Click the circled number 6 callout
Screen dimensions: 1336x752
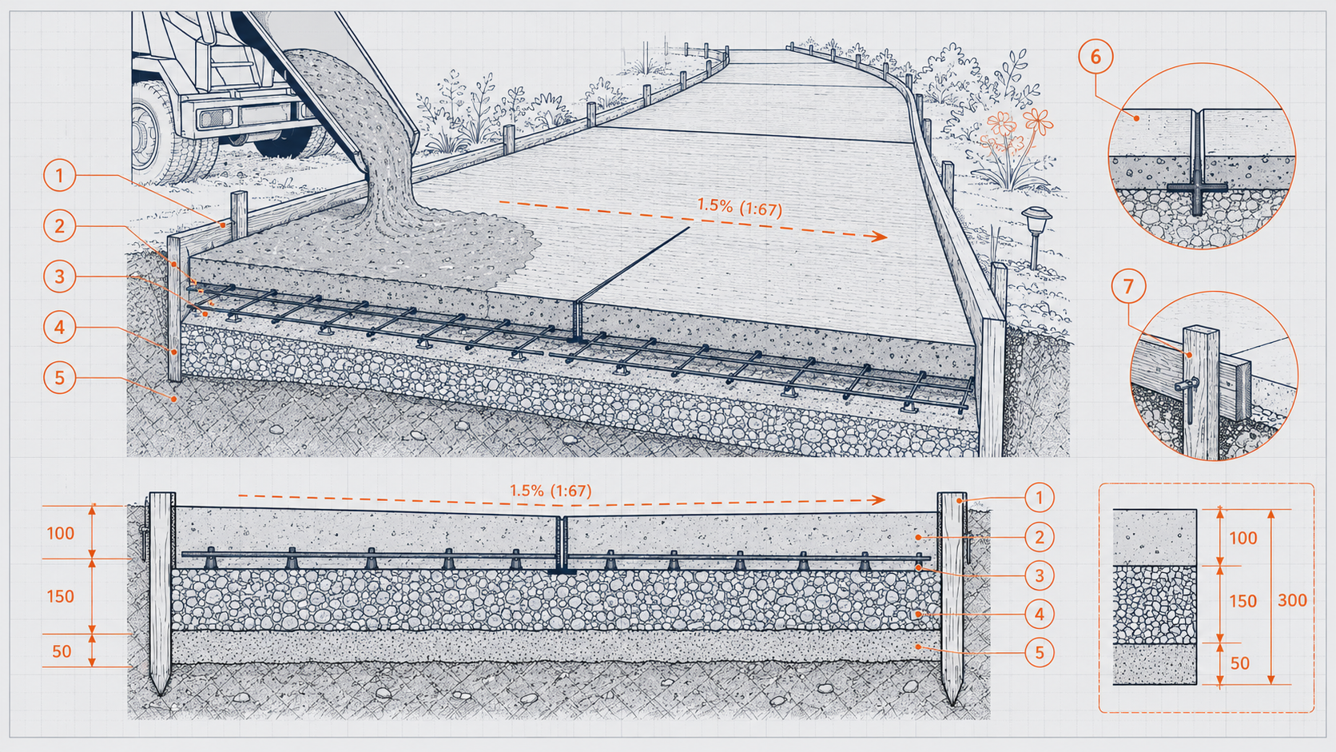coord(1095,57)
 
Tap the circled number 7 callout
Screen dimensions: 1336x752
coord(1128,287)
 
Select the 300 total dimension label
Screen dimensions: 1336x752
coord(1292,600)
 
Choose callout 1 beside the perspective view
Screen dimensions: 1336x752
coord(60,176)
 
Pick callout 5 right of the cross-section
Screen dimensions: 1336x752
coord(1039,652)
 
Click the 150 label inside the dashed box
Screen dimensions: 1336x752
coord(1243,600)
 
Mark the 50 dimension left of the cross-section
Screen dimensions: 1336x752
coord(62,651)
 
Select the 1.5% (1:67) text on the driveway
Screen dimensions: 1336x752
coord(740,208)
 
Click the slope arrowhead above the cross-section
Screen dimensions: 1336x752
coord(877,499)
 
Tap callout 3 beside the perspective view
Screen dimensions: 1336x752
coord(60,277)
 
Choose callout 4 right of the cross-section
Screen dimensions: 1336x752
coord(1039,614)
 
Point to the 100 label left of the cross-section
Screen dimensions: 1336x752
coord(60,533)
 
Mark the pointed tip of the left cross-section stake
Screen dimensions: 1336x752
coord(160,694)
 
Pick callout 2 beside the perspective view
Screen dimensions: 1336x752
coord(60,227)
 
